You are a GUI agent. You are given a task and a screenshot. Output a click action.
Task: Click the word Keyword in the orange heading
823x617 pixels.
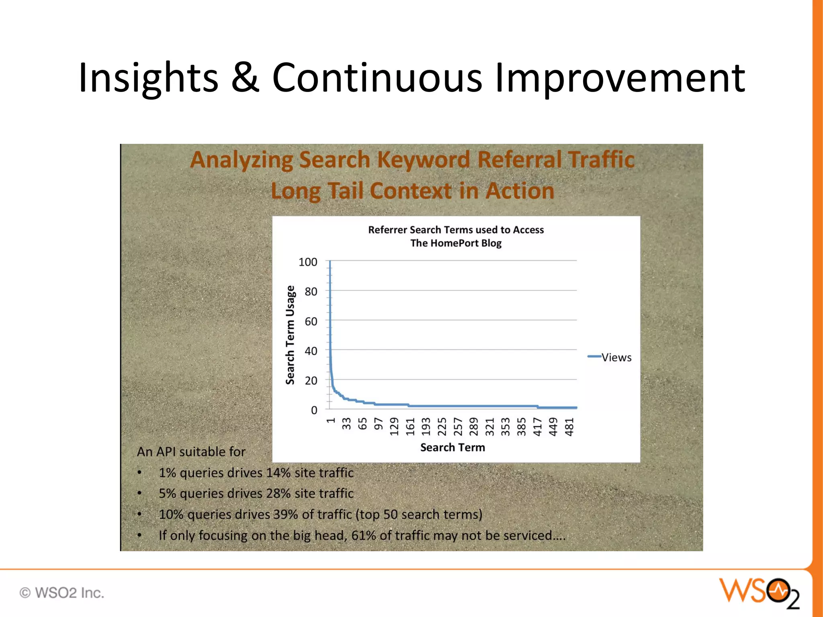424,159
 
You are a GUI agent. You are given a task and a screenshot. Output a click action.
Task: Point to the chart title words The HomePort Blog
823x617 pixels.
456,243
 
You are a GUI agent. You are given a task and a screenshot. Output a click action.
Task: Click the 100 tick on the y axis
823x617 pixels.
308,262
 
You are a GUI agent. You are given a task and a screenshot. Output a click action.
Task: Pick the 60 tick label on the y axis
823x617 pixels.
311,321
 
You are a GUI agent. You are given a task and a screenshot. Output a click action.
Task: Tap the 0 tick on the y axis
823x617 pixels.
314,410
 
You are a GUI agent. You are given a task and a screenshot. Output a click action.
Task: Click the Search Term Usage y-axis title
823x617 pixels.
290,335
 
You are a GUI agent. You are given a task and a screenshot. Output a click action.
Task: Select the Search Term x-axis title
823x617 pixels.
452,447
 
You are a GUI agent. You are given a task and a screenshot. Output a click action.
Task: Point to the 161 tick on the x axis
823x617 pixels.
410,427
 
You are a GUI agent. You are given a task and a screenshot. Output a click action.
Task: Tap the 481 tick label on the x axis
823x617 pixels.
569,427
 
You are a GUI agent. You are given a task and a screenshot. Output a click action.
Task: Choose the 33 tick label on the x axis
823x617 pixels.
346,424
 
